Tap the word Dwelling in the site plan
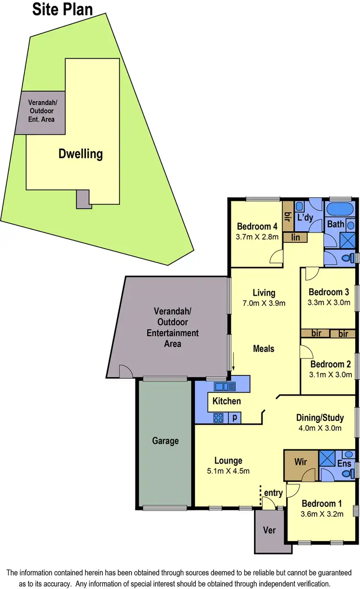tap(81, 154)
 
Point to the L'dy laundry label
tap(305, 217)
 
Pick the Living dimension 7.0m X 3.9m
tap(264, 303)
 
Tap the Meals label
tap(264, 349)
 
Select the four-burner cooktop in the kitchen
tap(218, 418)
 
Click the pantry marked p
tap(235, 418)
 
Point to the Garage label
tap(165, 440)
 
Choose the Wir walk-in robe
tap(300, 462)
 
